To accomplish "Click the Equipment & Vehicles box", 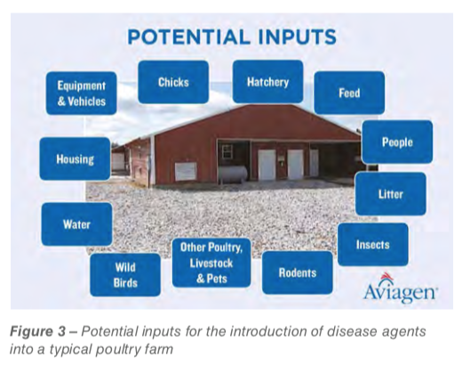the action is pyautogui.click(x=82, y=93).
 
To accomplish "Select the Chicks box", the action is pyautogui.click(x=173, y=82).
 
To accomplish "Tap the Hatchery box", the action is pyautogui.click(x=267, y=81).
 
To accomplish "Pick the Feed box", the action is pyautogui.click(x=349, y=93).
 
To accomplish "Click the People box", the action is pyautogui.click(x=397, y=142).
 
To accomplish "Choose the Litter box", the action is pyautogui.click(x=391, y=194).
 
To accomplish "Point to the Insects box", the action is pyautogui.click(x=373, y=245).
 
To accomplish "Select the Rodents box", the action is pyautogui.click(x=298, y=272).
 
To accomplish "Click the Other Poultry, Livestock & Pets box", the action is pyautogui.click(x=211, y=263).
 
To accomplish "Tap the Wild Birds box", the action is pyautogui.click(x=125, y=275).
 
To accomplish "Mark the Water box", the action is pyautogui.click(x=76, y=224).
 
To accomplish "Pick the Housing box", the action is pyautogui.click(x=75, y=158).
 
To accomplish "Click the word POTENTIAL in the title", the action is pyautogui.click(x=188, y=36).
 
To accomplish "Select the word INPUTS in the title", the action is pyautogui.click(x=297, y=36).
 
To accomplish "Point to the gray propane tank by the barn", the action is pyautogui.click(x=233, y=174).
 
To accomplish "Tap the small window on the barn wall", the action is pyautogui.click(x=227, y=151).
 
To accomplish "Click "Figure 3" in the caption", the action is pyautogui.click(x=37, y=331).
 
